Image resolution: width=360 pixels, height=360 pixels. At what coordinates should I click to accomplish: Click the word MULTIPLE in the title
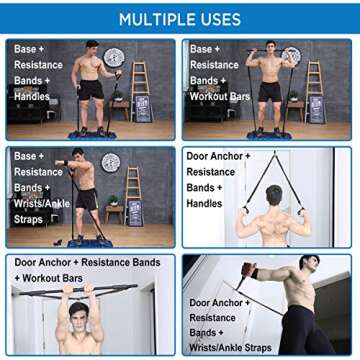click(x=153, y=19)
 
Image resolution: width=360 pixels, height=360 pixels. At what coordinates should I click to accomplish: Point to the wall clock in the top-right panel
click(x=291, y=56)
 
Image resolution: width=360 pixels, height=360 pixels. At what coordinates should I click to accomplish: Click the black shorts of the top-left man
click(x=92, y=91)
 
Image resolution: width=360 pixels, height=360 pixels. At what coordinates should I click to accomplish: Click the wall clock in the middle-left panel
click(x=110, y=162)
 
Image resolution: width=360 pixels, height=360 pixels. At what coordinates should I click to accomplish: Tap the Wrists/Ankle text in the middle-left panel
click(x=37, y=204)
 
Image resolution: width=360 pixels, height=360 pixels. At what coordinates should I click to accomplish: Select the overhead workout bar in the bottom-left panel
click(x=80, y=292)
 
